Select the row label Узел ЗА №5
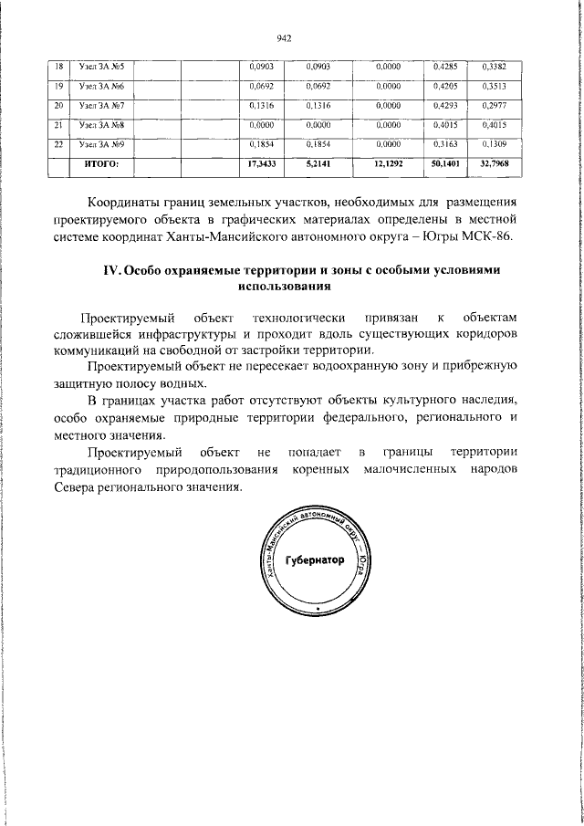101,67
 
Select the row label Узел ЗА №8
101,124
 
